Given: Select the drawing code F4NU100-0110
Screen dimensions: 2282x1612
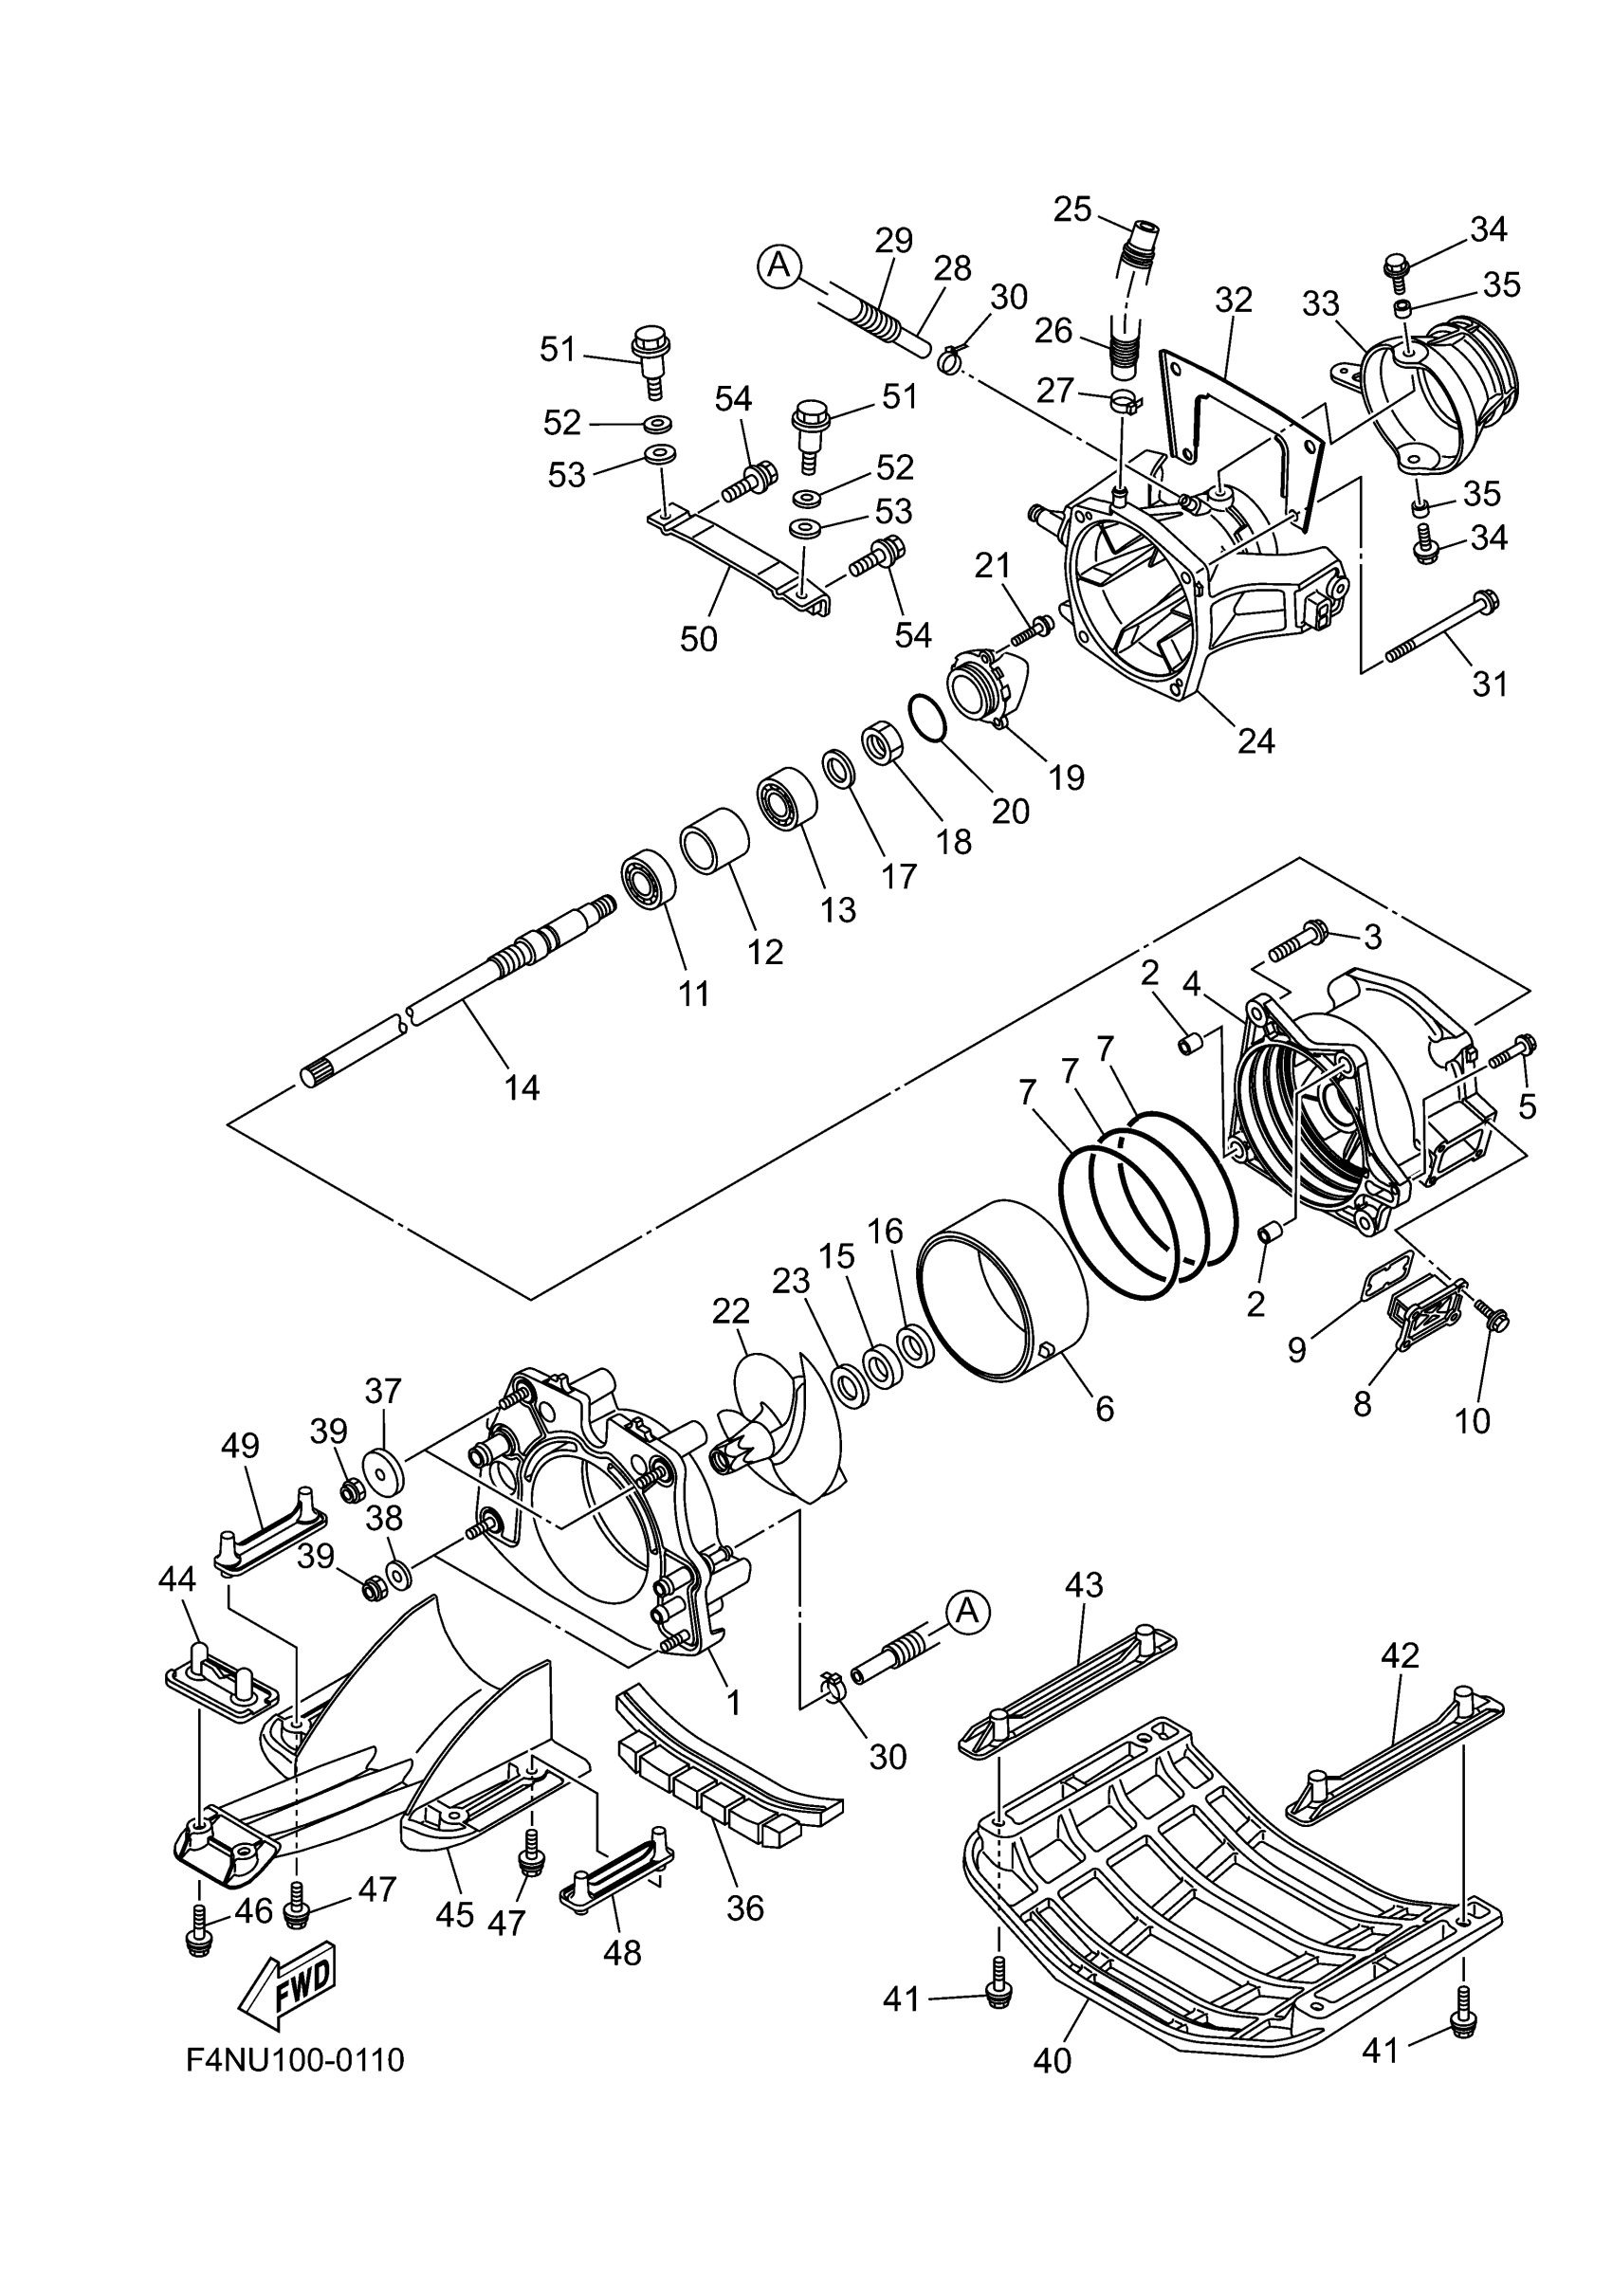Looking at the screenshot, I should tap(295, 2059).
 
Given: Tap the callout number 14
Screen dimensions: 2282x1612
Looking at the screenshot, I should tap(522, 1088).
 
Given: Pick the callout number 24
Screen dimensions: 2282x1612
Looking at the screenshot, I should tap(1256, 740).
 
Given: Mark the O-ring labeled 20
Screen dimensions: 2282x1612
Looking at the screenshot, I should tap(927, 718).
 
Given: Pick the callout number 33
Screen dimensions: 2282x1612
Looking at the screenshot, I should tap(1321, 304).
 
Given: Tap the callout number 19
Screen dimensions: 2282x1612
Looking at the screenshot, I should tap(1067, 776).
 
